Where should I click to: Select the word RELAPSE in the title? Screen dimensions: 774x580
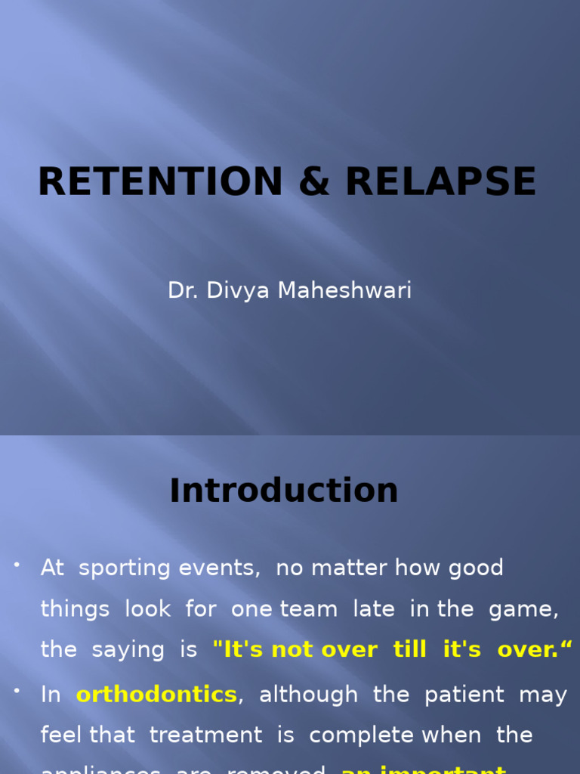[441, 182]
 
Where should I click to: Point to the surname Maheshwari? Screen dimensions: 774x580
[344, 290]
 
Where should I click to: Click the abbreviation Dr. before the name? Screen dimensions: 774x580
[182, 290]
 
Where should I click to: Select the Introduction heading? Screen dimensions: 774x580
[284, 491]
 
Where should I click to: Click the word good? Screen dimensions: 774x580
[476, 568]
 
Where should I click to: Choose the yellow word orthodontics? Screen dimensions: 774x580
[156, 695]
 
